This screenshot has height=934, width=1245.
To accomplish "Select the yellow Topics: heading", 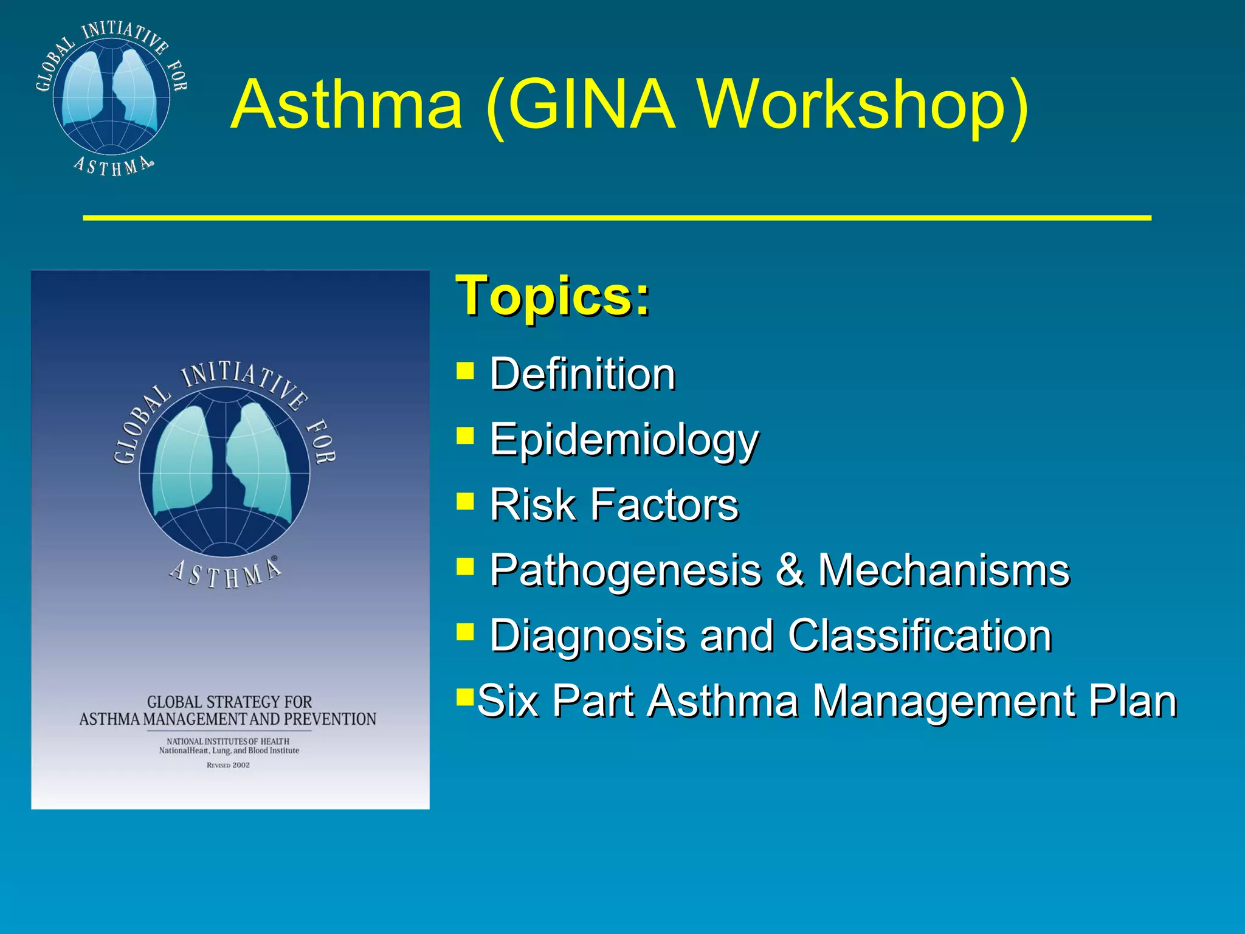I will [553, 296].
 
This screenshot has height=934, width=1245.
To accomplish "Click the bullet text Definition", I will [582, 374].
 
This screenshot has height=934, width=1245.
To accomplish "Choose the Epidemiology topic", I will [624, 440].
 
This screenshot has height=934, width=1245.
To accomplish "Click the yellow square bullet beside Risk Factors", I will [465, 502].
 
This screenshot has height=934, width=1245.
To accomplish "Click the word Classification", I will [920, 635].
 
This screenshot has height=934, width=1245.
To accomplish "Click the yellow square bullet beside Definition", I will [465, 370].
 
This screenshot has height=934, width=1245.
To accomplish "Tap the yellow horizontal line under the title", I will [616, 217].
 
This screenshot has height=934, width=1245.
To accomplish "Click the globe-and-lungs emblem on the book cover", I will [225, 471].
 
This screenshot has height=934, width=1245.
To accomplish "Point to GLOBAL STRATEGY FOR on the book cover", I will [229, 702].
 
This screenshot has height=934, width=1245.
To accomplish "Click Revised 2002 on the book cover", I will [228, 765].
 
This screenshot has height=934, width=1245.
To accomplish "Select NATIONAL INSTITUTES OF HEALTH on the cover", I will [228, 741].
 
